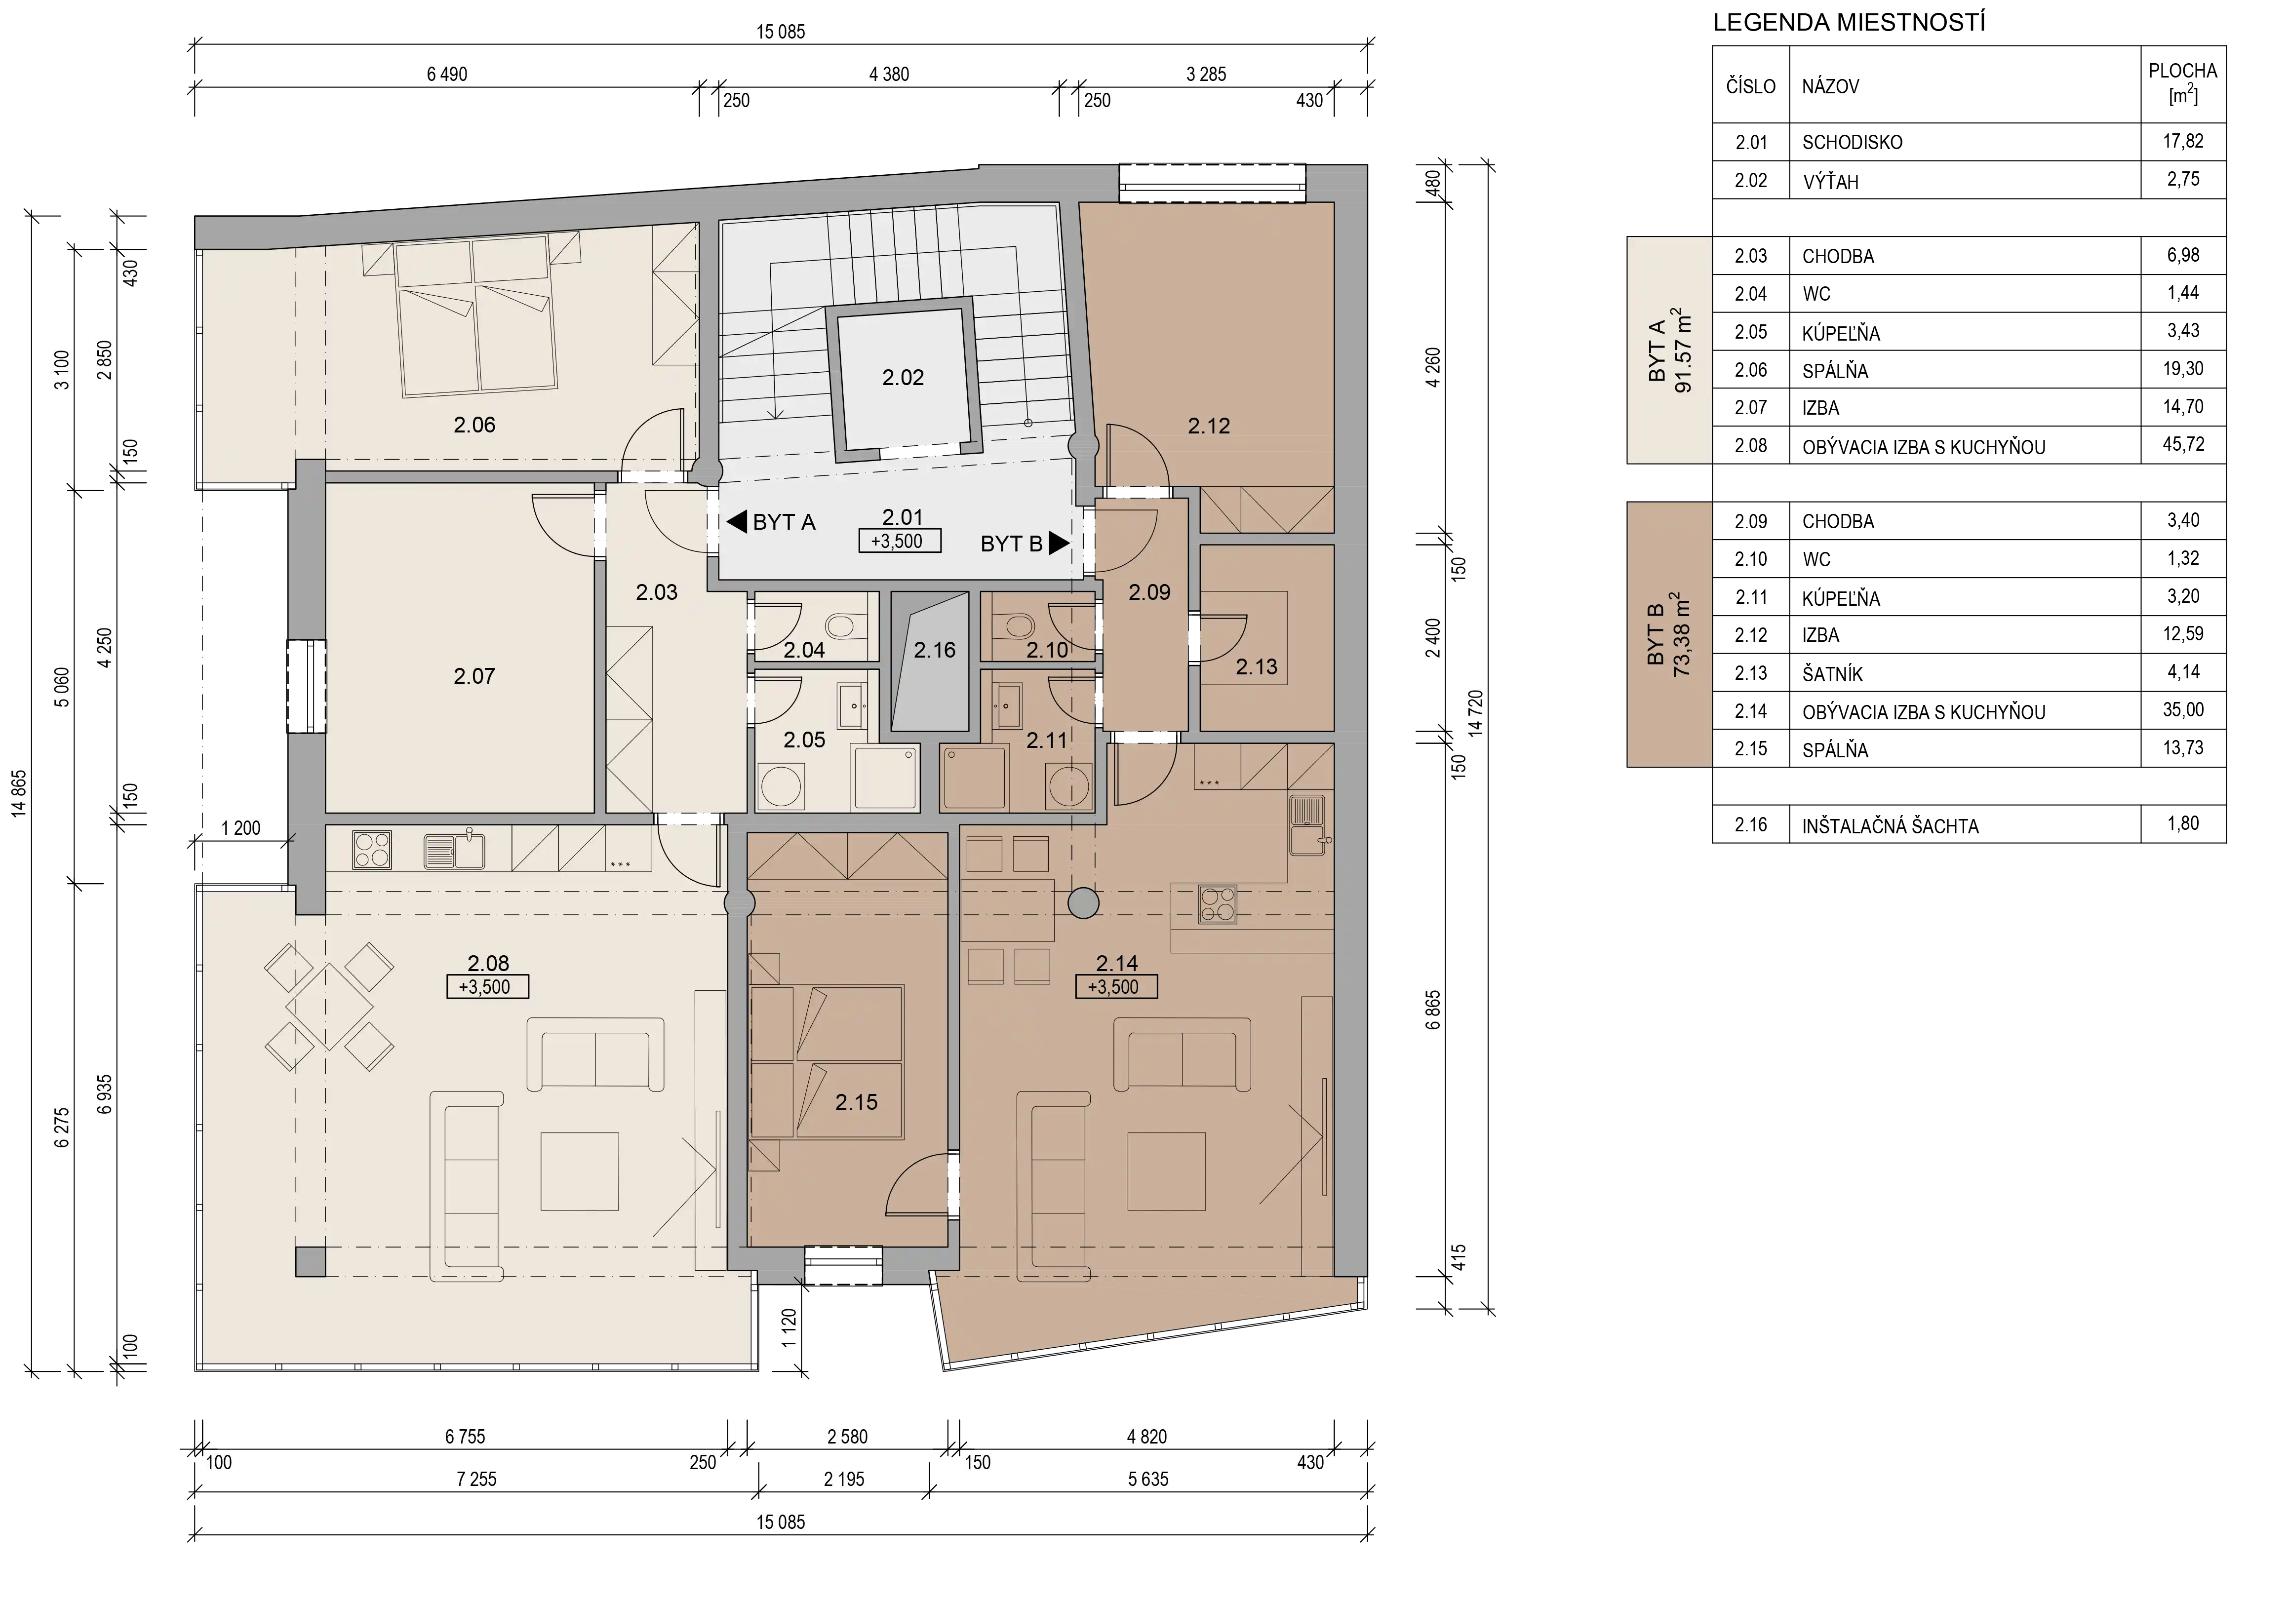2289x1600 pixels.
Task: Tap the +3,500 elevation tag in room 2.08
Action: [487, 987]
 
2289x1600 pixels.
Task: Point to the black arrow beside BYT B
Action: [1059, 544]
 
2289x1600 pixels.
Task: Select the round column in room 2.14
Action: [1083, 903]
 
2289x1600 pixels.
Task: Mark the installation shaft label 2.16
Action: [934, 650]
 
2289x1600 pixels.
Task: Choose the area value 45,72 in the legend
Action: [2182, 445]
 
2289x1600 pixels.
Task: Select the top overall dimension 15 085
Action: [781, 32]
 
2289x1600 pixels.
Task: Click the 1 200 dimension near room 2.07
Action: [240, 828]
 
